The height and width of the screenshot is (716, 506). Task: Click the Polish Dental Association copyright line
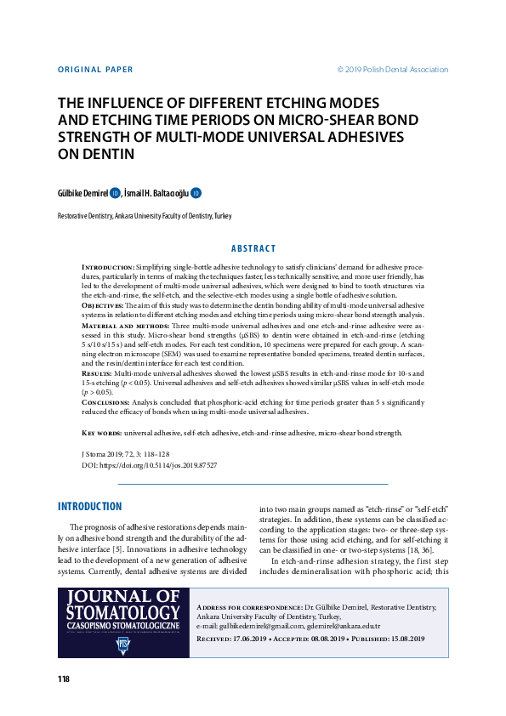pyautogui.click(x=392, y=70)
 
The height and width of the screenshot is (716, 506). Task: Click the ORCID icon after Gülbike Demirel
pyautogui.click(x=115, y=193)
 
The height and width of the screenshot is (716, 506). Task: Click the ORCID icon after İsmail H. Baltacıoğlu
pyautogui.click(x=196, y=193)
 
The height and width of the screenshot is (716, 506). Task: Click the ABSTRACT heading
pyautogui.click(x=253, y=248)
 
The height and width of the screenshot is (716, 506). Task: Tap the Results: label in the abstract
pyautogui.click(x=97, y=372)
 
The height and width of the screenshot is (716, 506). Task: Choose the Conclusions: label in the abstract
pyautogui.click(x=107, y=401)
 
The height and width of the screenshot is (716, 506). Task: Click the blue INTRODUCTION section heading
pyautogui.click(x=89, y=507)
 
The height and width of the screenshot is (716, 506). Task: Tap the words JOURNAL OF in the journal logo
pyautogui.click(x=119, y=597)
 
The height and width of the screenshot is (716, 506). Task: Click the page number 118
pyautogui.click(x=64, y=679)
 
